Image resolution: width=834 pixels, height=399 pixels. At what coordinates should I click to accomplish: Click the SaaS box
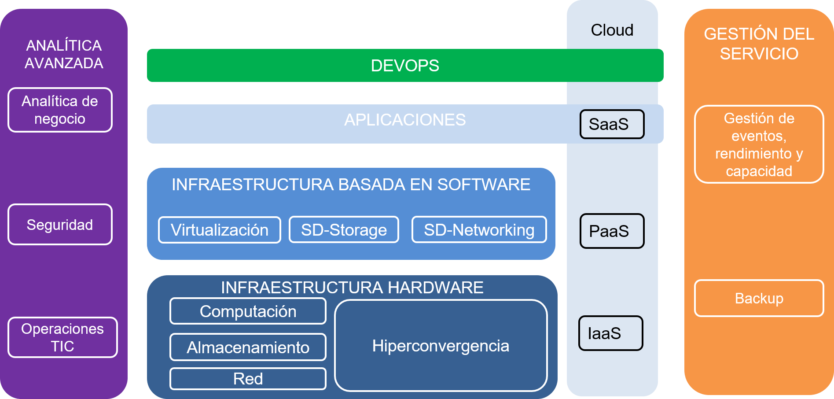(612, 124)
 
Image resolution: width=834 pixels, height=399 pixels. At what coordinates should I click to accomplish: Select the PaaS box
(612, 231)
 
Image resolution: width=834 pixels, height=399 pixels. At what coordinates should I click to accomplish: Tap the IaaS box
(610, 333)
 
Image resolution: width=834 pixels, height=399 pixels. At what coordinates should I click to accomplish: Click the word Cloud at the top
(612, 30)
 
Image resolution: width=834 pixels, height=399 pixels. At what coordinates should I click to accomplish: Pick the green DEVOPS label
(405, 66)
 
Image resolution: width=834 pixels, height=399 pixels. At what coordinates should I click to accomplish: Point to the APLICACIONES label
(405, 120)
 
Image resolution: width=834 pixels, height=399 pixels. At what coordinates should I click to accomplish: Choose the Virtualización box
(219, 230)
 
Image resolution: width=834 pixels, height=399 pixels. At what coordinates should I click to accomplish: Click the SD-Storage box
(344, 230)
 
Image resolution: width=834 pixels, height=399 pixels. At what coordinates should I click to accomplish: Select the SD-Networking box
(479, 230)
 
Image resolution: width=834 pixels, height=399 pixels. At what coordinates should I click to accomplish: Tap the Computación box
(248, 311)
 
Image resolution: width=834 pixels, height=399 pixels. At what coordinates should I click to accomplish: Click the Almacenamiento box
(248, 347)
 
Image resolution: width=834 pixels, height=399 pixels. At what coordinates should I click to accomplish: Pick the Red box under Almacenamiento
(248, 379)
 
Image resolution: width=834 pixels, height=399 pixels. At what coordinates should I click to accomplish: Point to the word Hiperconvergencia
(441, 346)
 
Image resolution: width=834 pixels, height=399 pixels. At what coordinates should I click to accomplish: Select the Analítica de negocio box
(60, 110)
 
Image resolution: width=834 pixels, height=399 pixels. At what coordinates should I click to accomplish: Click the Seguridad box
(60, 225)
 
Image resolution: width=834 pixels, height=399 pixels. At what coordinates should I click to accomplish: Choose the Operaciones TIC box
(62, 337)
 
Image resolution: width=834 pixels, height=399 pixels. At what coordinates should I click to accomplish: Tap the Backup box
(759, 298)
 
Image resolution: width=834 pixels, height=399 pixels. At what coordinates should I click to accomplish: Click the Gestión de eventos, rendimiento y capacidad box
(759, 144)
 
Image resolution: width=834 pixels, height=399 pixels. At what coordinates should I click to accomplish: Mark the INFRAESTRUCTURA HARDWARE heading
(352, 288)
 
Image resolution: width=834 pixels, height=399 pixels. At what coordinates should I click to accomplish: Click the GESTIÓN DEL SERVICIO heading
(759, 44)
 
